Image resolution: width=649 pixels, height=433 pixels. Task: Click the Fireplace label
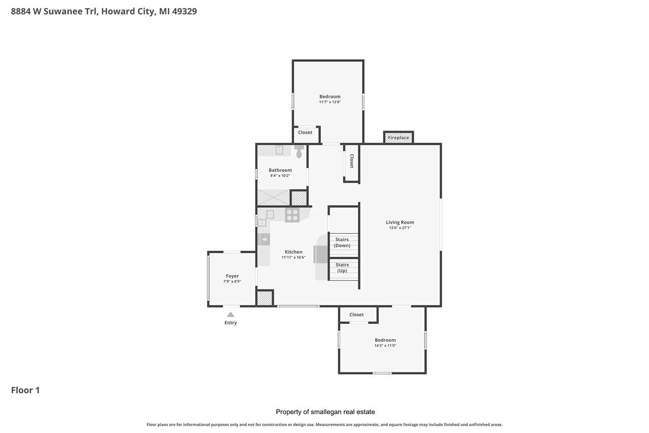(399, 138)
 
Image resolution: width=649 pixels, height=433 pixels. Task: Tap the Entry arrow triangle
(231, 315)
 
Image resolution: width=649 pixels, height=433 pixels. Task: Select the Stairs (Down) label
(342, 242)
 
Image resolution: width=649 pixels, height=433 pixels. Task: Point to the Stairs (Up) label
(342, 268)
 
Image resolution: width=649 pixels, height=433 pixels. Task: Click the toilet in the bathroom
(299, 151)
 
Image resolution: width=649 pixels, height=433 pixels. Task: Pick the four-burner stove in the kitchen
(292, 215)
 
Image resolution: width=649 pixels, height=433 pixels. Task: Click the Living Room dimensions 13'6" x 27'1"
(400, 228)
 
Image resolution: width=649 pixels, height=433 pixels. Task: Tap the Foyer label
(232, 276)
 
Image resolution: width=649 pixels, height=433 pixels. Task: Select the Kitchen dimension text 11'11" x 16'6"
(294, 257)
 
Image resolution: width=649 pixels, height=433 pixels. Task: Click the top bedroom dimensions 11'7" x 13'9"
(330, 102)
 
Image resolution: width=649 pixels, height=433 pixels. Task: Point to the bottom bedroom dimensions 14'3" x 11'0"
(385, 346)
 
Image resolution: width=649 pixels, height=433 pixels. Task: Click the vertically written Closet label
(351, 161)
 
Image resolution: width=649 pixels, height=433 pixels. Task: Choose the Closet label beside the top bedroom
(305, 132)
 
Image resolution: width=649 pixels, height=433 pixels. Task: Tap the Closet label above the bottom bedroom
(356, 315)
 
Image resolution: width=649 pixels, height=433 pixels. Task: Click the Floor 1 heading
(25, 390)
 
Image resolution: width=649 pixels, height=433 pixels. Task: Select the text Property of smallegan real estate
(325, 412)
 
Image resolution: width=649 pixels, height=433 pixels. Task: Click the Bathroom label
(280, 170)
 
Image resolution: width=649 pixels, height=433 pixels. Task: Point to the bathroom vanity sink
(279, 150)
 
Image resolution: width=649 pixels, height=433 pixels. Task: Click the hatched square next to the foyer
(265, 298)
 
